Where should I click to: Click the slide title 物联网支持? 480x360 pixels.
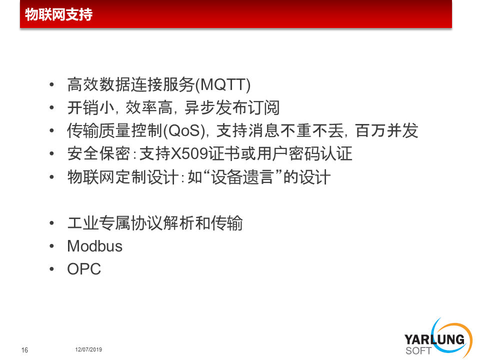click(x=59, y=14)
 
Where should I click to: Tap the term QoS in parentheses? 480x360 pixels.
click(x=183, y=130)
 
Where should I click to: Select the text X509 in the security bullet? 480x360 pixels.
click(x=189, y=153)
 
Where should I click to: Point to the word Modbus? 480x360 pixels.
click(x=95, y=246)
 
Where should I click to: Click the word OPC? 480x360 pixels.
click(x=84, y=269)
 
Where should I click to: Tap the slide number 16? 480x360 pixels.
click(x=24, y=350)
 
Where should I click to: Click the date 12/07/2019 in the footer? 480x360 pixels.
click(x=88, y=349)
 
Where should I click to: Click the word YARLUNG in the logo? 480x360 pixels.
click(x=434, y=340)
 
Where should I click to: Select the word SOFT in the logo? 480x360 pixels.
click(x=418, y=351)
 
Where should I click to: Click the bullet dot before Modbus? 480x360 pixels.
click(x=51, y=246)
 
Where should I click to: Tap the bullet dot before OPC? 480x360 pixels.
click(x=51, y=269)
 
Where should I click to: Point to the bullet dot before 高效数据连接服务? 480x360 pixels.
click(x=51, y=85)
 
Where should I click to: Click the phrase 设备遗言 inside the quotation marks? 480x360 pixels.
click(x=242, y=177)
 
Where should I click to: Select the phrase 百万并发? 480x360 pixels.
click(x=386, y=130)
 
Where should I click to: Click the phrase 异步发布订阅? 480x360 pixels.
click(x=232, y=108)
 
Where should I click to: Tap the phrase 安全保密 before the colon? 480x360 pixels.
click(x=99, y=153)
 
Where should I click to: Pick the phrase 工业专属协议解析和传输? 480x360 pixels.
click(x=155, y=223)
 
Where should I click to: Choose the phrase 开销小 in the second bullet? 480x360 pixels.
click(x=91, y=108)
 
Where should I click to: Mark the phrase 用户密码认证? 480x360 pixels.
click(x=305, y=153)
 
